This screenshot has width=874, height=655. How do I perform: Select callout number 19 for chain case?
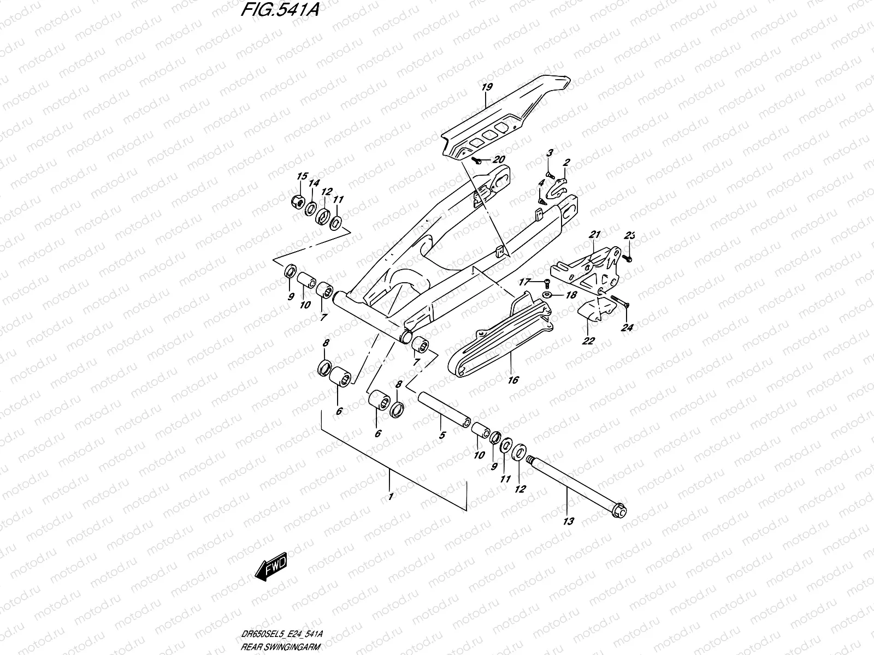click(487, 87)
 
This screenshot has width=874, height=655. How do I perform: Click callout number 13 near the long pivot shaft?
click(568, 522)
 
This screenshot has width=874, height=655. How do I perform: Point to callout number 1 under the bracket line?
click(390, 498)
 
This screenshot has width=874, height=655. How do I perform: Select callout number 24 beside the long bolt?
click(627, 328)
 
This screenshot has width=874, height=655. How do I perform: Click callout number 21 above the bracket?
click(594, 235)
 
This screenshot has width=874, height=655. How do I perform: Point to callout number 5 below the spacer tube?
click(442, 435)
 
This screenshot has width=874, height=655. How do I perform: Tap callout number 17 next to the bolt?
click(524, 282)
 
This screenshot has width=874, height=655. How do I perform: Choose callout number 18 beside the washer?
click(571, 295)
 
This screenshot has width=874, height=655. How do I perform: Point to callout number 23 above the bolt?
click(630, 236)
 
